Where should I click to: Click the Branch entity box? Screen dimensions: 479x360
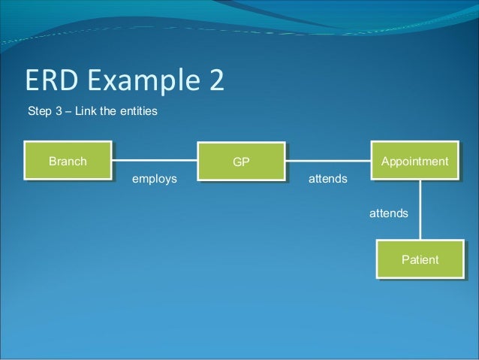[x=68, y=161]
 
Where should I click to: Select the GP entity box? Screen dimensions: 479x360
[x=241, y=162]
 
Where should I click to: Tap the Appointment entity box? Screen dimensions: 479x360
[x=415, y=161]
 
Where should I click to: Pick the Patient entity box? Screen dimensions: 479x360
[x=420, y=260]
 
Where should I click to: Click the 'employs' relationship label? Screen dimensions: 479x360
[x=154, y=179]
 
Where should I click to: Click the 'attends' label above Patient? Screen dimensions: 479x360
[x=388, y=213]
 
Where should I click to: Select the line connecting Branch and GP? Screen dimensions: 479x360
[x=155, y=160]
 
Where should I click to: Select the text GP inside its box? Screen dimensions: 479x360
[x=241, y=162]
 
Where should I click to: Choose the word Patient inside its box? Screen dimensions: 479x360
[x=420, y=260]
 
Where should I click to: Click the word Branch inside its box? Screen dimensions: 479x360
[x=68, y=161]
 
